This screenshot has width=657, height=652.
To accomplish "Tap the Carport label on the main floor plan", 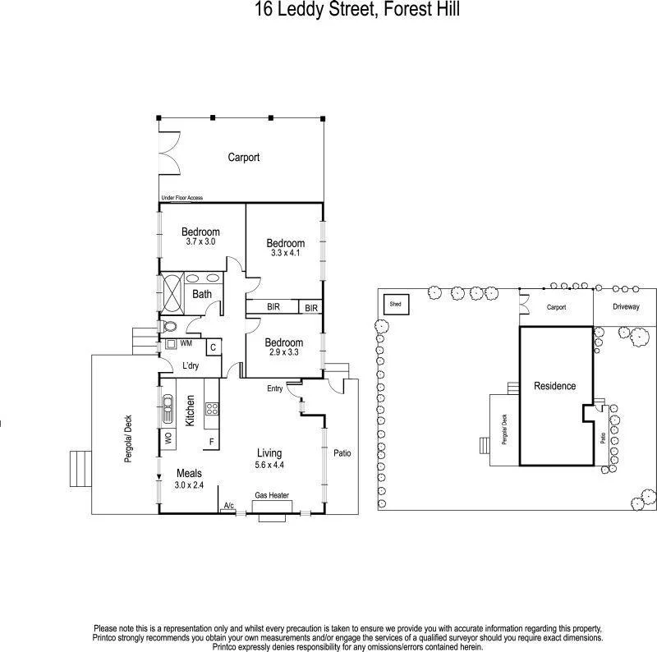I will (244, 158).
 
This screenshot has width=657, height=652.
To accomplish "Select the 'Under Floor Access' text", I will (182, 198).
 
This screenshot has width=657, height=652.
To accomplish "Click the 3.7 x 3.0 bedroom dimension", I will (200, 242).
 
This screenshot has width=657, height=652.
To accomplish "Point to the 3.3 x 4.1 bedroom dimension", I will (285, 254).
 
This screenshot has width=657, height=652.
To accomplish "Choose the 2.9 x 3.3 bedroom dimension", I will (284, 351).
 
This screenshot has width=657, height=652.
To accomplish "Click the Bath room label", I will (202, 294).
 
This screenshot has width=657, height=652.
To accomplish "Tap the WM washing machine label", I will (186, 343).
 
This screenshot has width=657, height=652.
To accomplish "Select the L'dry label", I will (191, 365).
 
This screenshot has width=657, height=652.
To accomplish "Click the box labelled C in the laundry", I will (213, 347).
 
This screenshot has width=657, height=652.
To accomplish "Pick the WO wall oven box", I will (168, 438).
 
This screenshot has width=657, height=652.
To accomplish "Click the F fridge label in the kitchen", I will (211, 443).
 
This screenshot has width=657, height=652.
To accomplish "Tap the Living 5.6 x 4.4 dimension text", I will (269, 464).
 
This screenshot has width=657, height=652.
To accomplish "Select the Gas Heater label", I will (272, 495).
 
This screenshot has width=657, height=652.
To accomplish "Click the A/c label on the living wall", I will (228, 505).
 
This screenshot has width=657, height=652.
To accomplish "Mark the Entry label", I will (275, 388).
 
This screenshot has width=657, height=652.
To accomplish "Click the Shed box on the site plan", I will (396, 304).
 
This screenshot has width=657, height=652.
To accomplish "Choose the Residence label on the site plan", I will (554, 386).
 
